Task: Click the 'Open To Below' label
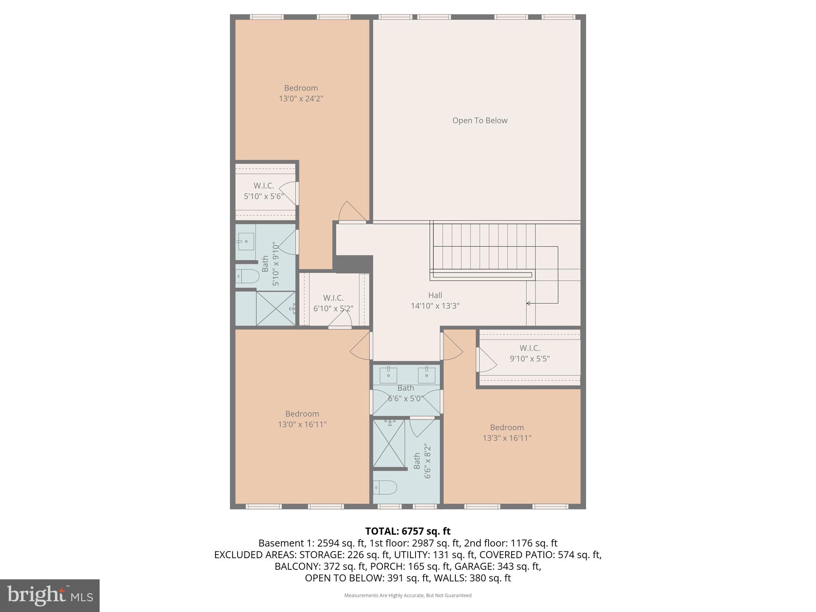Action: (480, 121)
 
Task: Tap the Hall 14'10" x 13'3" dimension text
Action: (435, 306)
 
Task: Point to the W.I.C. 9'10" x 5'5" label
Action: (530, 353)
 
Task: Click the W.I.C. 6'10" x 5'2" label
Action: (333, 303)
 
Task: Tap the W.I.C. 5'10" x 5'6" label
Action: (263, 191)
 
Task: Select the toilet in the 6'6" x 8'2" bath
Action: (385, 487)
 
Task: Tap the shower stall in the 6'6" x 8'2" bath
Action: (388, 443)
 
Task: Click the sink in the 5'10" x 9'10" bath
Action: (246, 241)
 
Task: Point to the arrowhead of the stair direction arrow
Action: (528, 304)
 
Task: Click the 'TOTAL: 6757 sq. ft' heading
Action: (408, 531)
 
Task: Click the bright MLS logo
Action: (50, 595)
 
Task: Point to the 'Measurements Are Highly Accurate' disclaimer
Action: (408, 595)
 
